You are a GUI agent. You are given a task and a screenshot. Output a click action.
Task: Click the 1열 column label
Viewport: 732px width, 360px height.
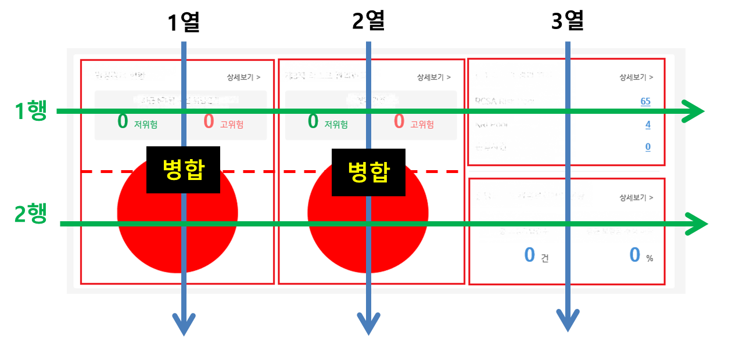pos(183,22)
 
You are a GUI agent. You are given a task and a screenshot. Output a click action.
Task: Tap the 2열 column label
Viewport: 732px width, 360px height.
pos(368,22)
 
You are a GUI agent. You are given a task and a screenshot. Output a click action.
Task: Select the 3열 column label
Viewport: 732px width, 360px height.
pos(567,22)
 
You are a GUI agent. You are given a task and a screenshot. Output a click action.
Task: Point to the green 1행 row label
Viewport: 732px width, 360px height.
pos(31,110)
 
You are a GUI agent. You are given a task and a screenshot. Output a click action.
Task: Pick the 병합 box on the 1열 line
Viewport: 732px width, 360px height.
pos(183,171)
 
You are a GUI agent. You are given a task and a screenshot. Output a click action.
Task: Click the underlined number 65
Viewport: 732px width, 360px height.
pos(645,101)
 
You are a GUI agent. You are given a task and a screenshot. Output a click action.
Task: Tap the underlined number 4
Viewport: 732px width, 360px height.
pos(648,124)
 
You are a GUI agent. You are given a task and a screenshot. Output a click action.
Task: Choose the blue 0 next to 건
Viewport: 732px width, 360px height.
pos(529,255)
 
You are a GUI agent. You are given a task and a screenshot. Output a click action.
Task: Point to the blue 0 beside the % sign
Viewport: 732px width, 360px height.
pos(635,255)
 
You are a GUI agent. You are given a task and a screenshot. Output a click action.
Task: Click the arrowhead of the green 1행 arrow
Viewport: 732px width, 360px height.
pos(694,111)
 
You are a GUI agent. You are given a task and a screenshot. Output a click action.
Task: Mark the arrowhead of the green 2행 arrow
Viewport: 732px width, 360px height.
pos(697,224)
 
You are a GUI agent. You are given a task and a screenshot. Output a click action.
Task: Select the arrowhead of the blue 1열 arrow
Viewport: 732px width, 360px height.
pos(184,324)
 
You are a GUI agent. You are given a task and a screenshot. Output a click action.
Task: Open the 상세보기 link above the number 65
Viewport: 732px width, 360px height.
pos(636,77)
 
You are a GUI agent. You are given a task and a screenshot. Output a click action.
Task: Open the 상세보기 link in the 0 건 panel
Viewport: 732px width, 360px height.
pos(636,197)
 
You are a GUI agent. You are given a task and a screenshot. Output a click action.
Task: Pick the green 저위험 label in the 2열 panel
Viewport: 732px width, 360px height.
pos(336,124)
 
